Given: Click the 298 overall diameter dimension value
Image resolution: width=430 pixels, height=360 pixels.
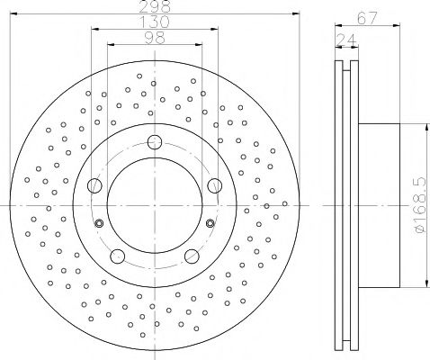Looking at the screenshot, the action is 155,6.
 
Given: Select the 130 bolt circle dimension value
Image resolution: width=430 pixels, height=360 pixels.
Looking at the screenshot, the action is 155,22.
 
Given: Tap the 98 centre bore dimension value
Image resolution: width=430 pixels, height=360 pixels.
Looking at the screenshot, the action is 155,38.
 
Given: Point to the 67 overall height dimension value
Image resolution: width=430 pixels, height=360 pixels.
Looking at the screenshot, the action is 367,19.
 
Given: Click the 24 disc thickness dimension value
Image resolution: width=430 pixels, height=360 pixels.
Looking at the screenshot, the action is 346,40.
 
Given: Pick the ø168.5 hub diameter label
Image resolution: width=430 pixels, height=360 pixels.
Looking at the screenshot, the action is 421,205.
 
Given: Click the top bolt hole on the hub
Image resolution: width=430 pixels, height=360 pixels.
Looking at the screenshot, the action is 155,142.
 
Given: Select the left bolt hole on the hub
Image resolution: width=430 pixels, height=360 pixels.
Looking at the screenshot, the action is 94,185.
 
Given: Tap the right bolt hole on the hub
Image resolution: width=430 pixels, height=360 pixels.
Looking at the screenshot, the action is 215,185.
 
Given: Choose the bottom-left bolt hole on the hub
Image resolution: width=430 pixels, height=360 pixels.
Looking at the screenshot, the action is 118,256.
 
